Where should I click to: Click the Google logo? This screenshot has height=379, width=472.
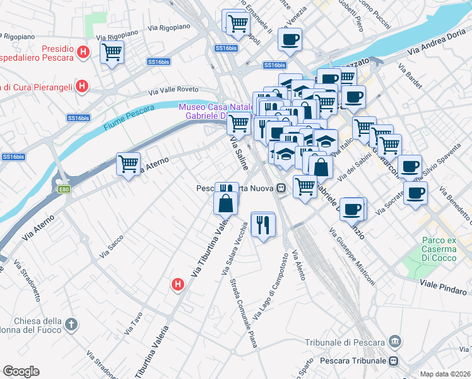tap(21, 371)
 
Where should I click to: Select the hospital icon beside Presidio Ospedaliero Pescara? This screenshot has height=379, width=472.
tap(83, 52)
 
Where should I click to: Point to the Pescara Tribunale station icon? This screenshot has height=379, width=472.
tap(394, 361)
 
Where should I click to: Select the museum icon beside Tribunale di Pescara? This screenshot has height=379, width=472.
tap(395, 342)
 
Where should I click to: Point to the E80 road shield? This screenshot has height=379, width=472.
tap(64, 189)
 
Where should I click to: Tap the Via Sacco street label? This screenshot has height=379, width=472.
tap(111, 246)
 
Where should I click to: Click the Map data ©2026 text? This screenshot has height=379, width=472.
tap(445, 374)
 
